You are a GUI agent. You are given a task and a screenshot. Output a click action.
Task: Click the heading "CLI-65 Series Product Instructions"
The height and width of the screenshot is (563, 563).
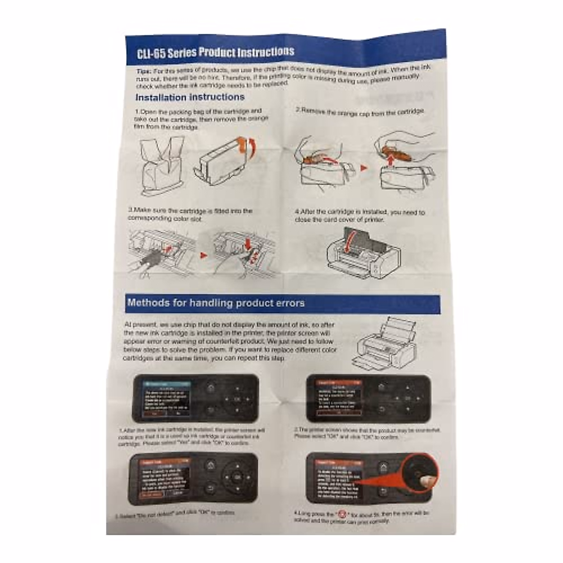point(215,52)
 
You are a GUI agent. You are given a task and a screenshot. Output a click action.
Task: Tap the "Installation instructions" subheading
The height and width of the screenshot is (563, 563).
point(190,98)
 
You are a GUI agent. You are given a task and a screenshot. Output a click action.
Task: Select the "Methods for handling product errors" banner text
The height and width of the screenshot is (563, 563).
point(216,303)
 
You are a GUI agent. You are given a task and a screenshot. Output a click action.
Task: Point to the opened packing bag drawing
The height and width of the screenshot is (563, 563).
point(162,164)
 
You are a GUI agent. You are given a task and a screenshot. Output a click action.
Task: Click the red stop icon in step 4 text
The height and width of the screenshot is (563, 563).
point(341,514)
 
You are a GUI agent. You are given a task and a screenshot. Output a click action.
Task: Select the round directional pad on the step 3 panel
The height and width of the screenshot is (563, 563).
point(237,477)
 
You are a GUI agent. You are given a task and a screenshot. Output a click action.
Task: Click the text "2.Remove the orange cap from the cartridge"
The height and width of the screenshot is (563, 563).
point(360,112)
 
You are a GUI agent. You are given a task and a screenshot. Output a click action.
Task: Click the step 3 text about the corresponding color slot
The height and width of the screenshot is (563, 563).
point(190,214)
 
